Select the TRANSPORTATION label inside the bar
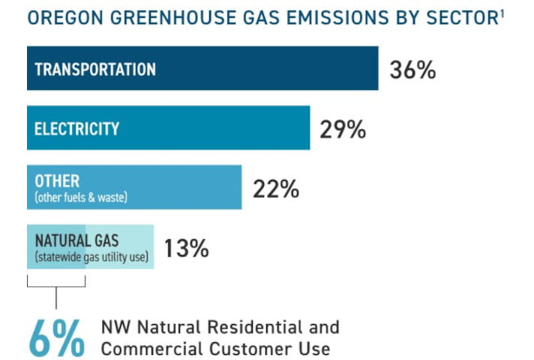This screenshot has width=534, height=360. click(95, 69)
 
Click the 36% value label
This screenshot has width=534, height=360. click(412, 70)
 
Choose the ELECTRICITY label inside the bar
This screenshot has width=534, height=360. click(77, 129)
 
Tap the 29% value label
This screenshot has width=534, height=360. click(343, 130)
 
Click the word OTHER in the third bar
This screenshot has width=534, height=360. click(57, 181)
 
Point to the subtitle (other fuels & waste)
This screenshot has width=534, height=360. click(81, 197)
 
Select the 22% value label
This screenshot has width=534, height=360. click(276, 189)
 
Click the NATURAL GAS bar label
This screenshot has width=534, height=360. click(77, 241)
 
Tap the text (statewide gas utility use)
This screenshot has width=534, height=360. click(92, 257)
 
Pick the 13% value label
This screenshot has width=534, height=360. click(186, 248)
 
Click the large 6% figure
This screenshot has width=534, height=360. click(57, 338)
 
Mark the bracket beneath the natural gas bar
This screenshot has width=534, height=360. click(56, 286)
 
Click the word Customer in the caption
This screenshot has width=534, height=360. click(250, 349)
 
